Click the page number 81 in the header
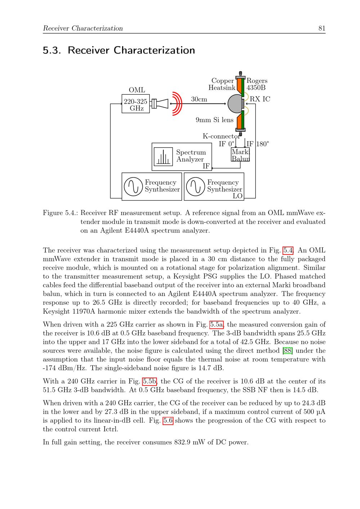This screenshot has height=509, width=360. [322, 28]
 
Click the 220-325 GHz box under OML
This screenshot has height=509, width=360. [136, 104]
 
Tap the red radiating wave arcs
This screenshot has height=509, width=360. [177, 104]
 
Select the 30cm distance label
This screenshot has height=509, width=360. [199, 99]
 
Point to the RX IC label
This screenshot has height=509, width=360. [260, 99]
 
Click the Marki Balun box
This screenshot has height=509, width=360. [240, 154]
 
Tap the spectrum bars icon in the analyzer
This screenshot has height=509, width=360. [163, 157]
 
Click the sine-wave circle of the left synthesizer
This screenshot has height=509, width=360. [134, 186]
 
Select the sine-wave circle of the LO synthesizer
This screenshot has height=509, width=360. [195, 186]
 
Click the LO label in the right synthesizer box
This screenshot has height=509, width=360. [238, 196]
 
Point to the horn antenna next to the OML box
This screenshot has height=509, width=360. [160, 104]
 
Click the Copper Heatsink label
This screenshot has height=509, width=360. [222, 84]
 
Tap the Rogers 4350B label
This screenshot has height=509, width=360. [257, 84]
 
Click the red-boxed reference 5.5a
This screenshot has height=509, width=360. [217, 324]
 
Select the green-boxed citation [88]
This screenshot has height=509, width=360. [288, 351]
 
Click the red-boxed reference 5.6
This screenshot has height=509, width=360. [168, 420]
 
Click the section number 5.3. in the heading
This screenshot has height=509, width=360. [52, 50]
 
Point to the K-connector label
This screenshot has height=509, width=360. [221, 136]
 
